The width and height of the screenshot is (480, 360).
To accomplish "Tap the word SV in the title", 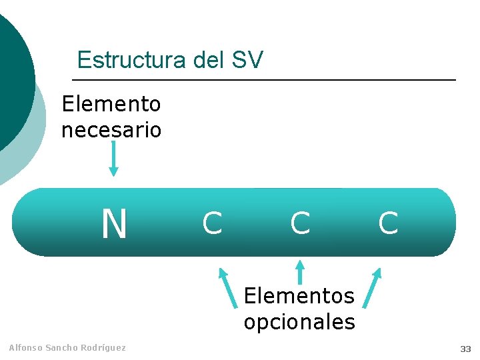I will pos(247,60).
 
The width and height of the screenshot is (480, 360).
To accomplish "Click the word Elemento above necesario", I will pos(111,104).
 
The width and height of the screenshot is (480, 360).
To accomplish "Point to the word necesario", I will pos(111,129).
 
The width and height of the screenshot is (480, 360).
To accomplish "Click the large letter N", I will pos(114,224).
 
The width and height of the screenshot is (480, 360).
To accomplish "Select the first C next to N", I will pos(212,223).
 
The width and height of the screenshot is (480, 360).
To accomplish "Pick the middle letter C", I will pos(300,223).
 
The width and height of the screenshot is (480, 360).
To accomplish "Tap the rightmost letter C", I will pos(388,223).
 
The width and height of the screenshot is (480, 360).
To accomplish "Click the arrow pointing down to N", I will pos(113,159).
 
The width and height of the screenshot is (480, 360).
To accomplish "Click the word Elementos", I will pos(299,295).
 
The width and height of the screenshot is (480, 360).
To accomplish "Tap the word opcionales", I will pos(299,322).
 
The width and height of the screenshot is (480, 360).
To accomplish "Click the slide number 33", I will pos(465,349).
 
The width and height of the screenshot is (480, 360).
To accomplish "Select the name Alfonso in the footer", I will pos(25,347).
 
